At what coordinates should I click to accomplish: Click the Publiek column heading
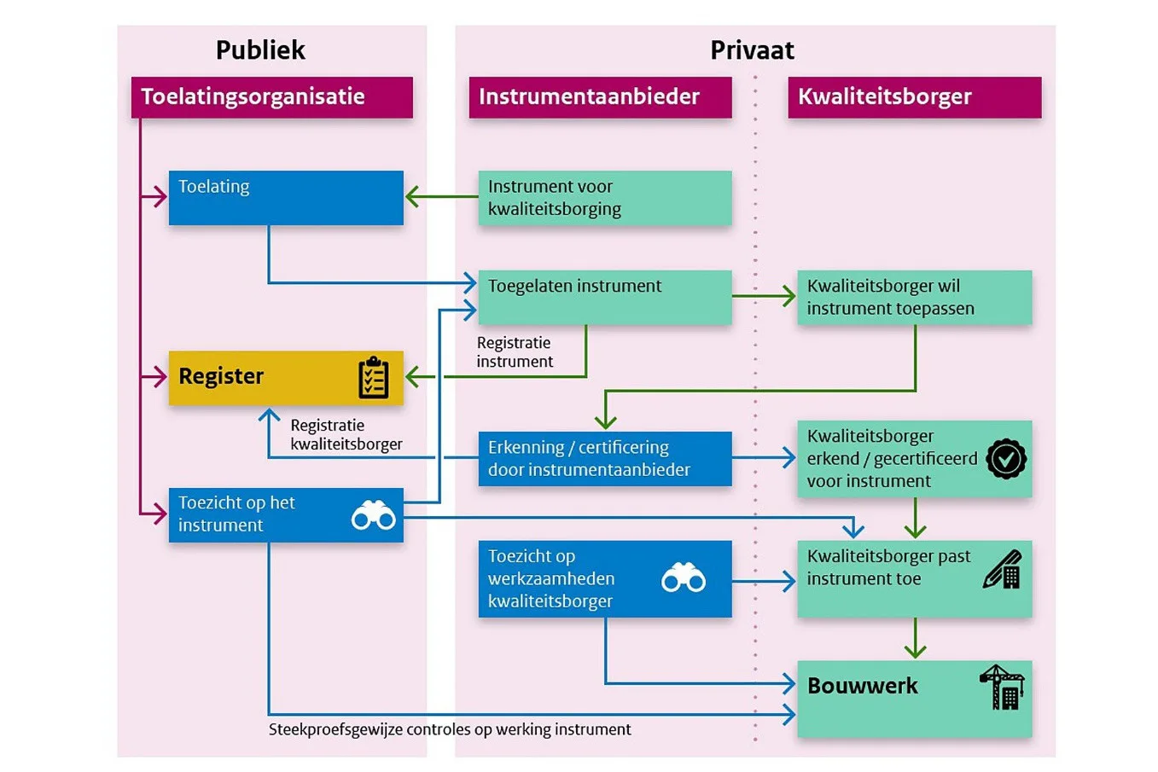tap(260, 50)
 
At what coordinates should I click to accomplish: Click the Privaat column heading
tap(752, 50)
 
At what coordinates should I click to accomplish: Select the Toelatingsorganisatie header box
tap(271, 97)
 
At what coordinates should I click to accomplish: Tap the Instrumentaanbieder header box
tap(600, 97)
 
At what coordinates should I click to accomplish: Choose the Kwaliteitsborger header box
tap(914, 97)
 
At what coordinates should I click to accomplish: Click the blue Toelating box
tap(286, 198)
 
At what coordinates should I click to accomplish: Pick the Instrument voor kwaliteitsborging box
tap(604, 198)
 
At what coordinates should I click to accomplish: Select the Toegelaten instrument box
tap(604, 297)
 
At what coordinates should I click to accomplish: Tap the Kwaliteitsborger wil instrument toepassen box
tap(914, 297)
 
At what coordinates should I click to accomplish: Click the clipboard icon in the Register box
tap(374, 378)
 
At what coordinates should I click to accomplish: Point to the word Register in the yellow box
tap(221, 376)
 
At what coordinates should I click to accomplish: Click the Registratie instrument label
tap(515, 352)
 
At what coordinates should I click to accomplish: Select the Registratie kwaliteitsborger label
tap(346, 434)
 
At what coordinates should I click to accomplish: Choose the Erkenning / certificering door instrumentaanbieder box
tap(604, 459)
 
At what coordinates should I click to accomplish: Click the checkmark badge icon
tap(1006, 459)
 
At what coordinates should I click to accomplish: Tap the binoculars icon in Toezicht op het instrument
tap(374, 515)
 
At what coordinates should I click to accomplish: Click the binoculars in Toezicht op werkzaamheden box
tap(684, 578)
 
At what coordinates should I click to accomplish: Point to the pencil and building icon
tap(1003, 570)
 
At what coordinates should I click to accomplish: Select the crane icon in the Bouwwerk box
tap(1003, 687)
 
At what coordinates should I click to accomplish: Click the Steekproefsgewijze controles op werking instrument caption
tap(450, 729)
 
